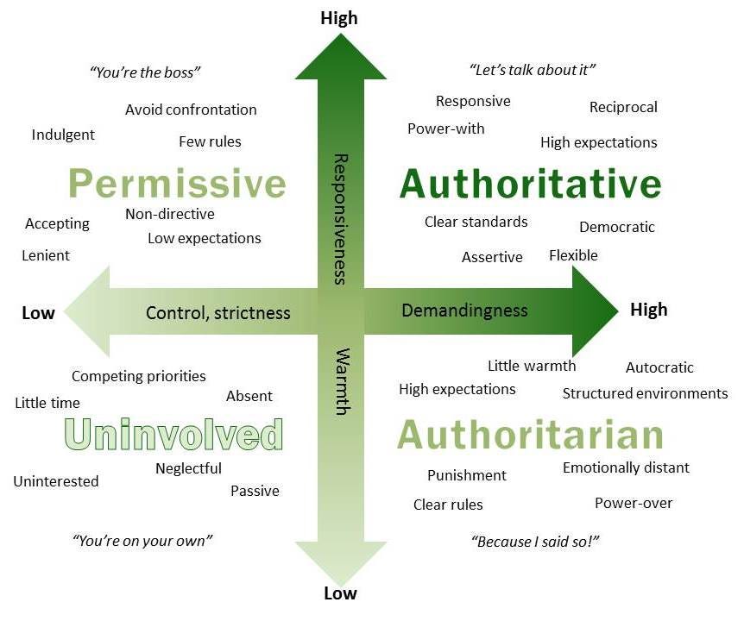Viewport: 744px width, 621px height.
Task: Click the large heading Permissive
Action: click(177, 184)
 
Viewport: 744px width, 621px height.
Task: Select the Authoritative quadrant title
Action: click(530, 184)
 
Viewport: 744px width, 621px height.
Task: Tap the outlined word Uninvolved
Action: click(173, 434)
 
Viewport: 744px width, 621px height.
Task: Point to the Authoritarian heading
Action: click(530, 434)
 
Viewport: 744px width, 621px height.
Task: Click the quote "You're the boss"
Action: click(145, 72)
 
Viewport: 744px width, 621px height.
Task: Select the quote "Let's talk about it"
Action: click(533, 70)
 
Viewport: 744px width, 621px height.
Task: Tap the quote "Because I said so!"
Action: click(535, 542)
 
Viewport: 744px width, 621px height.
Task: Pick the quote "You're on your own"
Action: click(142, 541)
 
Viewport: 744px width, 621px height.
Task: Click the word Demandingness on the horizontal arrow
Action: click(464, 310)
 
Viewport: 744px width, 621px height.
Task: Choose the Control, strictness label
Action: click(218, 312)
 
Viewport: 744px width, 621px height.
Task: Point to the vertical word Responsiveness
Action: click(340, 219)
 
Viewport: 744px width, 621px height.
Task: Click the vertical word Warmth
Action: click(340, 381)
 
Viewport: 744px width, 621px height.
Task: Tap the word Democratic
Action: click(617, 228)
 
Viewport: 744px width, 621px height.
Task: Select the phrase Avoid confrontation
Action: click(191, 110)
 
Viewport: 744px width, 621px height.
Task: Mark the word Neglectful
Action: click(188, 468)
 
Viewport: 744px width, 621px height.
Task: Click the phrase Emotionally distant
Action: click(626, 467)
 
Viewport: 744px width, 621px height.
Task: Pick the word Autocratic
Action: click(659, 367)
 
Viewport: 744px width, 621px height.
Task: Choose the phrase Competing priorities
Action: click(139, 376)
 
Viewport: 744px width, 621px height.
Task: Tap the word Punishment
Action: click(467, 475)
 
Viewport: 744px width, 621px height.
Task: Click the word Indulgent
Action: click(63, 135)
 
